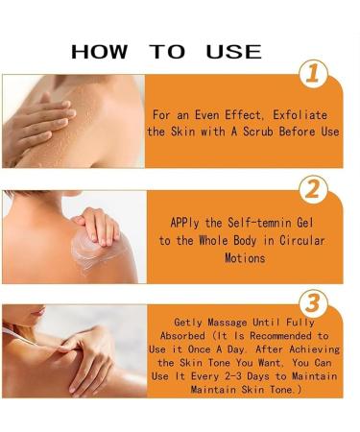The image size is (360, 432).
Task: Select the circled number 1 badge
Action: pyautogui.click(x=314, y=73)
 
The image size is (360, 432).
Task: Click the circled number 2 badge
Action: pyautogui.click(x=314, y=189)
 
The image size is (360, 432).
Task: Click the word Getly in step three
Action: pyautogui.click(x=188, y=324)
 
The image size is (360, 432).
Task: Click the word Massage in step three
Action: pyautogui.click(x=236, y=324)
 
